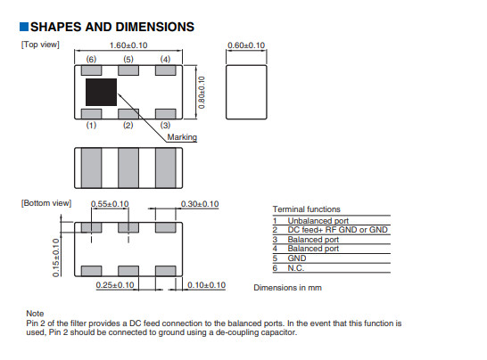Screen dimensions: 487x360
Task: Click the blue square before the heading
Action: point(24,27)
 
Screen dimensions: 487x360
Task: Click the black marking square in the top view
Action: point(102,92)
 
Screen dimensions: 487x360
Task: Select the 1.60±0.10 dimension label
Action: point(128,45)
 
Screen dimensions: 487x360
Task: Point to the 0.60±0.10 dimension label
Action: point(246,45)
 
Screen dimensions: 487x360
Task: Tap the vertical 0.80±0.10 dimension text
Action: point(202,93)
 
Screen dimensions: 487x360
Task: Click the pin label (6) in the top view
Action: point(91,60)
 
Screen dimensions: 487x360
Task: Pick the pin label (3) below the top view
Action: point(165,125)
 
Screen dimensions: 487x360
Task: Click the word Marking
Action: point(182,137)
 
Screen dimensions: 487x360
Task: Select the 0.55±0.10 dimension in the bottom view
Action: point(110,204)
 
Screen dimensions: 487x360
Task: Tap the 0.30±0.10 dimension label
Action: point(200,204)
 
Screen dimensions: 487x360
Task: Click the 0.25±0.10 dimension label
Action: point(115,285)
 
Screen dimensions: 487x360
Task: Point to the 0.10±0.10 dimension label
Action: point(206,285)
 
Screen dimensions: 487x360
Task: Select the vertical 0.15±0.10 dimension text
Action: point(56,258)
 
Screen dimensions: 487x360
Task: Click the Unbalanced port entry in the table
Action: point(318,221)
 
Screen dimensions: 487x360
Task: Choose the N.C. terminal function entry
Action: point(296,268)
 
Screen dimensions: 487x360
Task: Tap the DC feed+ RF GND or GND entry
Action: point(338,230)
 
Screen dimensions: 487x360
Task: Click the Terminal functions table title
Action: point(307,209)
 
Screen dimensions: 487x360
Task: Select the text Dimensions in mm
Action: point(287,288)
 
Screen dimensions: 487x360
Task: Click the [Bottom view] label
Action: point(46,203)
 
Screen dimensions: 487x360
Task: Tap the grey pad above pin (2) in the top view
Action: point(128,114)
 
